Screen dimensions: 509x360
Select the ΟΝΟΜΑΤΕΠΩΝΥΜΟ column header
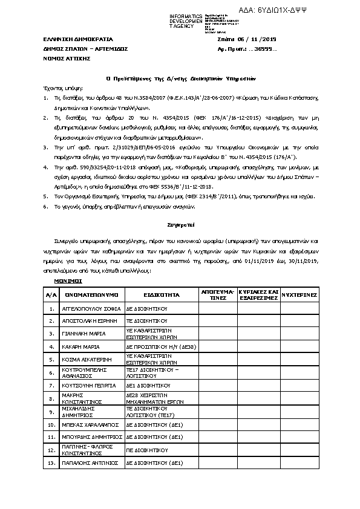pos(91,294)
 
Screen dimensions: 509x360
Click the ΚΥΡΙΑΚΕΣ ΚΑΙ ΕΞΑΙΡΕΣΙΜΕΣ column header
pos(258,294)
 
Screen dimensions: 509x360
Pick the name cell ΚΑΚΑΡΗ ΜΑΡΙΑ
pos(81,346)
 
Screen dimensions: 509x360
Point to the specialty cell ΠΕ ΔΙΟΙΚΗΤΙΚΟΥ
pos(146,450)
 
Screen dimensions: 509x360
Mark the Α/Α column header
pos(51,294)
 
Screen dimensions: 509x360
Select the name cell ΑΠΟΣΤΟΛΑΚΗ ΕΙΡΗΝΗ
pos(87,320)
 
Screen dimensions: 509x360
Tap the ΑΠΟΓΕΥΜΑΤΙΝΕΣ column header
pos(217,294)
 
